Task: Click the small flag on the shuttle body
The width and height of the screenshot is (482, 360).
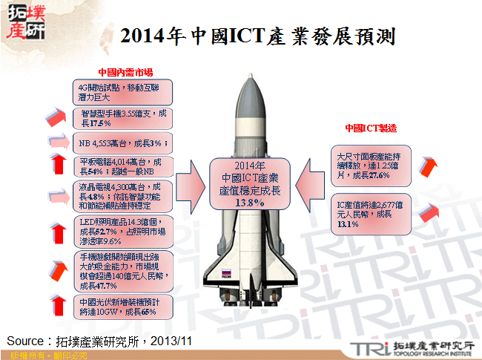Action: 224,272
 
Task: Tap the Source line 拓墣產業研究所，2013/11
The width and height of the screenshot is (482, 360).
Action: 100,340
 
